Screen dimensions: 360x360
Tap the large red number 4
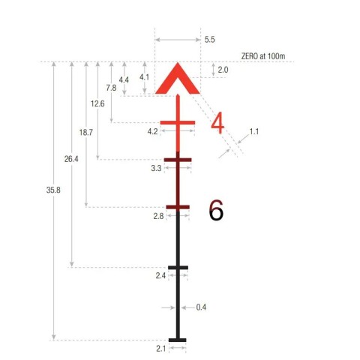pos(217,123)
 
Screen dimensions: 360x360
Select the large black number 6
pos(216,210)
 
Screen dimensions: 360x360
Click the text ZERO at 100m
pos(263,56)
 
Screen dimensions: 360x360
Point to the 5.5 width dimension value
pos(209,40)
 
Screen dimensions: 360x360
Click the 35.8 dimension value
pos(53,190)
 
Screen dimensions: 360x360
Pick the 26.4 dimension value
pos(71,159)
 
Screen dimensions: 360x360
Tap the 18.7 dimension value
pos(86,132)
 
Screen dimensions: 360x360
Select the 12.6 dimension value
pos(97,103)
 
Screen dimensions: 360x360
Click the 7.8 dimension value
pos(111,88)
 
